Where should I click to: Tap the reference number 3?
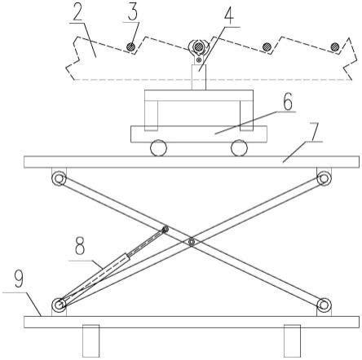[132, 11]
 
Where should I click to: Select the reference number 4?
[229, 15]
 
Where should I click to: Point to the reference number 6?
[288, 101]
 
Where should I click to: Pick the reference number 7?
[317, 131]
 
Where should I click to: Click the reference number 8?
[80, 246]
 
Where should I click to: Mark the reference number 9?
[19, 279]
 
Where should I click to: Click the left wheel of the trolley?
[158, 148]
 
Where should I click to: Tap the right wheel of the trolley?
[239, 148]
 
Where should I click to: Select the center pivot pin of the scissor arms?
[192, 241]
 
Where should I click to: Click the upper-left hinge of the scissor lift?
[59, 178]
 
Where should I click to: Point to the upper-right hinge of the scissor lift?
[324, 178]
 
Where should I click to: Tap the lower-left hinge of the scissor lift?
[59, 305]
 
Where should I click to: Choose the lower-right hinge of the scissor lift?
[324, 305]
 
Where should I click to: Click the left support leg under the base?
[90, 341]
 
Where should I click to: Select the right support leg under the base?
[292, 341]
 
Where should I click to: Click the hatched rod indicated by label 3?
[131, 46]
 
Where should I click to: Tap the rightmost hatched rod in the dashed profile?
[335, 46]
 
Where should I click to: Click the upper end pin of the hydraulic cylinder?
[165, 230]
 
